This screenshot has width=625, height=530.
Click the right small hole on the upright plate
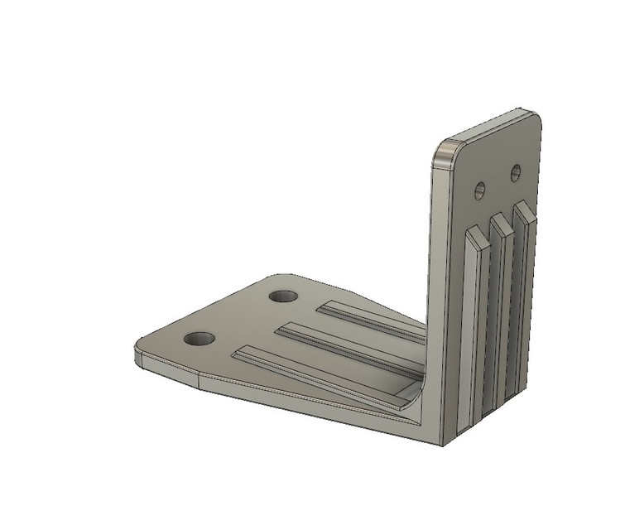(x=515, y=173)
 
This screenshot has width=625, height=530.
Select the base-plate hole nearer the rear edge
(x=283, y=296)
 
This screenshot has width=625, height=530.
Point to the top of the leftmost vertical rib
(x=475, y=237)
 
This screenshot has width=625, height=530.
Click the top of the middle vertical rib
(x=499, y=220)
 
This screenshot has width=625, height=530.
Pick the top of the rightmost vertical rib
(x=522, y=208)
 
